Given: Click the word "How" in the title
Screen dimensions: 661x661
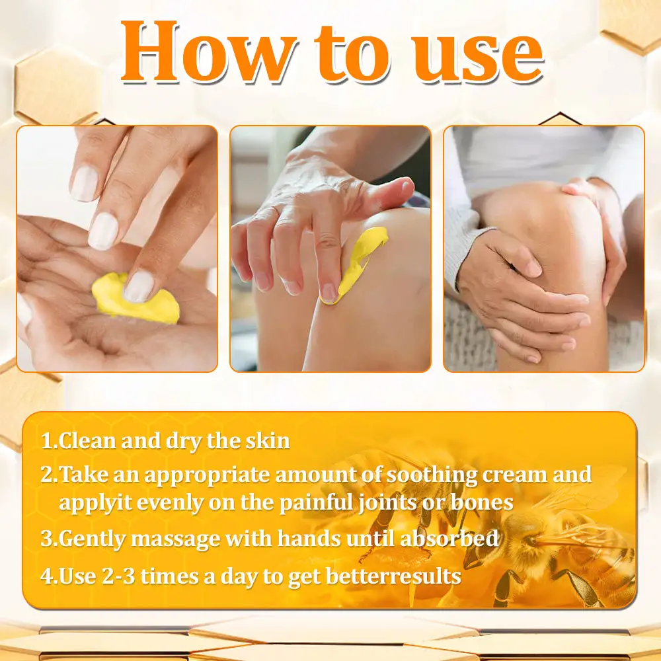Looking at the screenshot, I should pos(205,53).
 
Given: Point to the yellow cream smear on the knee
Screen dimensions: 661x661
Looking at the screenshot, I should pos(357,261).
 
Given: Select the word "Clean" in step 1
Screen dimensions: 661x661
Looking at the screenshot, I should pos(85,441).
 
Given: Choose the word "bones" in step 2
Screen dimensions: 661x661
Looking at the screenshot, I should pos(479,502).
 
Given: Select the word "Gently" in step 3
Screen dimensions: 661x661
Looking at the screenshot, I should pos(93,539).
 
